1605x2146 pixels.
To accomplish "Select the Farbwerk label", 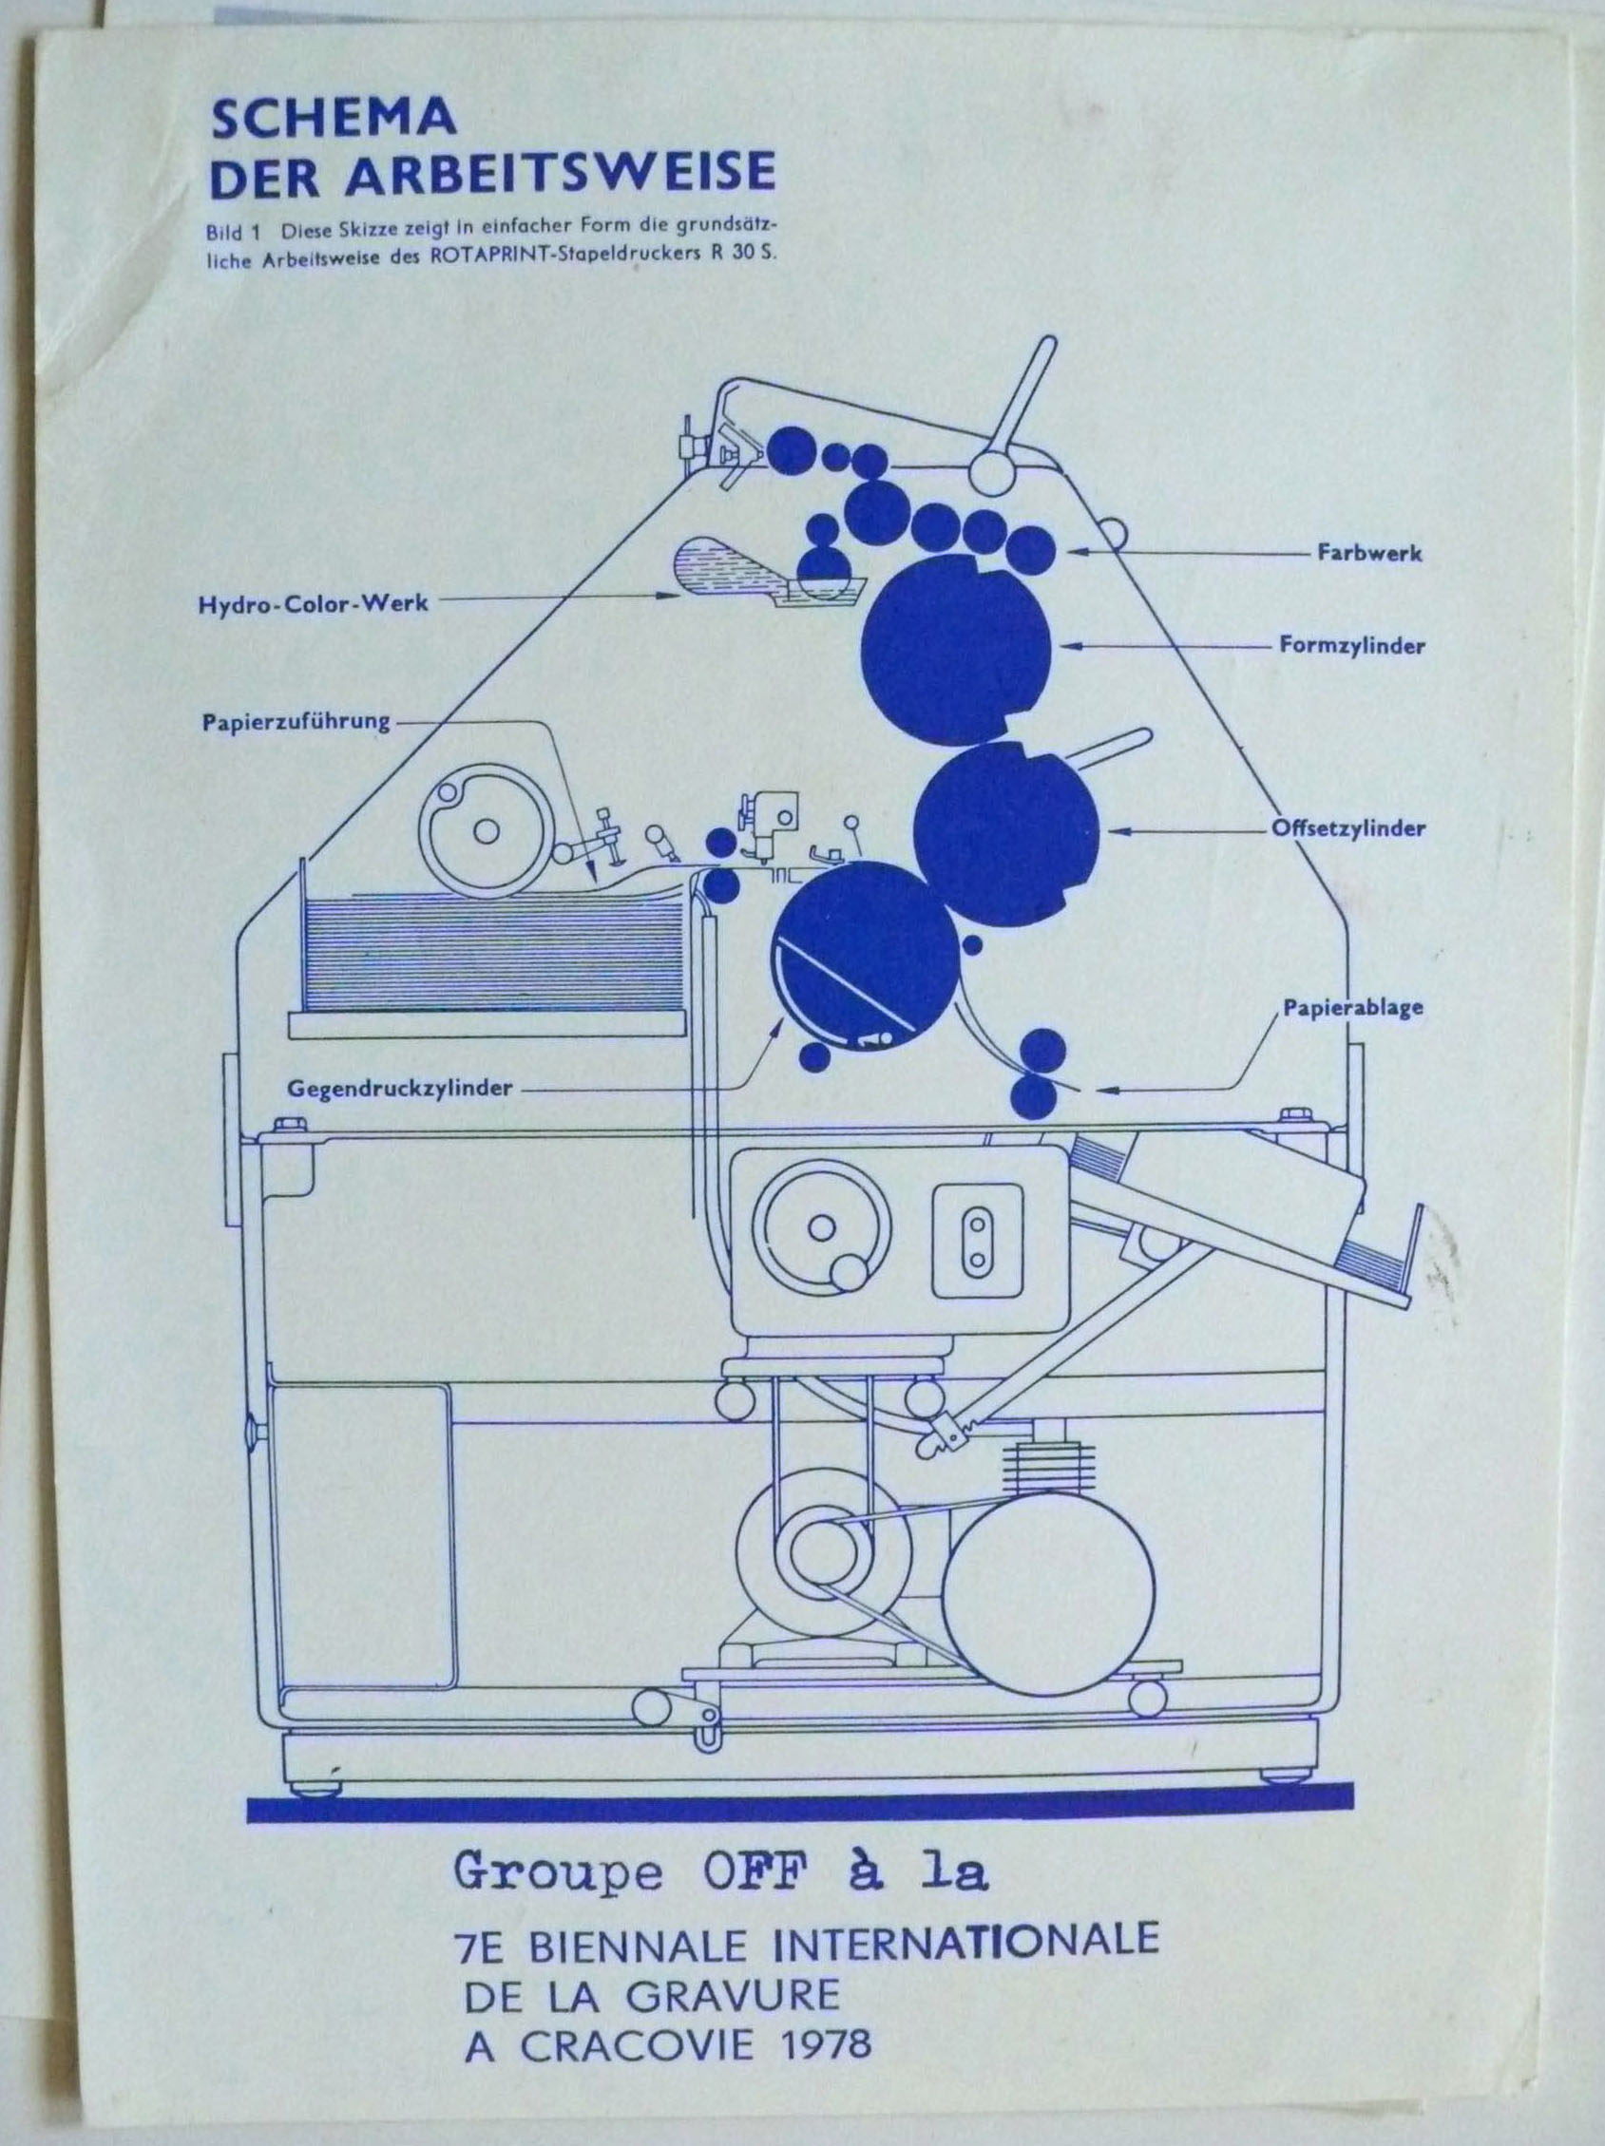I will tap(1369, 553).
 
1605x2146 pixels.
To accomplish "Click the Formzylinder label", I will tap(1350, 645).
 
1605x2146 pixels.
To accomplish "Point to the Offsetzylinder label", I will tap(1347, 828).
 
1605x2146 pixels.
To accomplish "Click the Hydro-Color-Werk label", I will tap(313, 602).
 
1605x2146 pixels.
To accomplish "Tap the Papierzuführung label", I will tap(296, 722).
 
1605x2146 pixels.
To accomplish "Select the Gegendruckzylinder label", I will tap(399, 1089).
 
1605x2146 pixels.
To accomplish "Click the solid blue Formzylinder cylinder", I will tap(956, 650).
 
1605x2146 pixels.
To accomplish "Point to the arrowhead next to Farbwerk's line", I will tap(1077, 551).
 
